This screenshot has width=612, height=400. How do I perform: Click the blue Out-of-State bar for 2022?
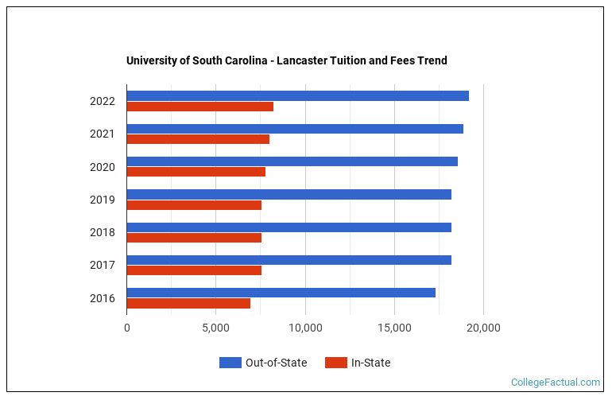[x=297, y=96]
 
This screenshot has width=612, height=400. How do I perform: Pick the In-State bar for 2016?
[x=188, y=303]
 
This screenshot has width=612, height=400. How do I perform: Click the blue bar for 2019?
[x=289, y=194]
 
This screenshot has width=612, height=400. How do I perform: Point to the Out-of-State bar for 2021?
[x=294, y=129]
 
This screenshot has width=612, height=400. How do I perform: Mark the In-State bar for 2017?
[x=194, y=270]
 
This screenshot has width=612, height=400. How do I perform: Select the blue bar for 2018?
[x=289, y=227]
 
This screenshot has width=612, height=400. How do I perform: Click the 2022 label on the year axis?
[x=103, y=101]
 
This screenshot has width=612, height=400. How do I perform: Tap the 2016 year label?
[x=103, y=298]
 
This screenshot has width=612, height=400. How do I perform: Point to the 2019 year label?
[x=103, y=200]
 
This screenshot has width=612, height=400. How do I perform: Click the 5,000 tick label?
[x=215, y=328]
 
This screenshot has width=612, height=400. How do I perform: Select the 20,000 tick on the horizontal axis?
[x=483, y=328]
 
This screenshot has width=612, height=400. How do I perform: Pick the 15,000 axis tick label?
[x=394, y=328]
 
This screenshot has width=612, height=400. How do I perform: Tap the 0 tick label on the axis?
[x=127, y=328]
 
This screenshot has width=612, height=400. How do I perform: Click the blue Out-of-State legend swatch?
[x=230, y=363]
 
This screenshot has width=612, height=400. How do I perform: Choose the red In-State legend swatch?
[x=335, y=363]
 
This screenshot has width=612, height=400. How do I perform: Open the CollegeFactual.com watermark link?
[x=555, y=383]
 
